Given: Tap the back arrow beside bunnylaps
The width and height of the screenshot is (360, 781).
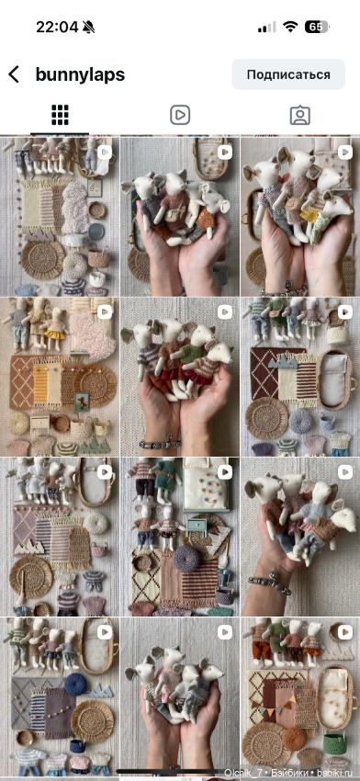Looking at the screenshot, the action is [14, 74].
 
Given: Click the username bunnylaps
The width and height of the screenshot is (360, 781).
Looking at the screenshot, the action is [80, 74].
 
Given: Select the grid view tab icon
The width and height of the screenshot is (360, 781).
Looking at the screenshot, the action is [60, 115].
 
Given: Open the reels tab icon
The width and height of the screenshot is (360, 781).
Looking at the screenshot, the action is [180, 115].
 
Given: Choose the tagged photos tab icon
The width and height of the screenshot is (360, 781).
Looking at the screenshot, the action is [299, 115].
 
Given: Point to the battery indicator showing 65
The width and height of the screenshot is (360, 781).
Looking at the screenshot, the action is [317, 27].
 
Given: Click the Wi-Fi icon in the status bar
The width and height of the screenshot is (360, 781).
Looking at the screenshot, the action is [290, 27].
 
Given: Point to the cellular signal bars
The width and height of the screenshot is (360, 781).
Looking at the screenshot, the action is [267, 28].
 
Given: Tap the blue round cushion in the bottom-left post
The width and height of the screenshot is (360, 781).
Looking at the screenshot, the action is [75, 685].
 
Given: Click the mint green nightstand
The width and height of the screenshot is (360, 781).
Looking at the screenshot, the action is [197, 526].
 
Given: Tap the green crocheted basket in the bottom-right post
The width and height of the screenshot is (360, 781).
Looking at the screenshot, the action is [333, 744].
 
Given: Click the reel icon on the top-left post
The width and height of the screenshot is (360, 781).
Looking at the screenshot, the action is [104, 152].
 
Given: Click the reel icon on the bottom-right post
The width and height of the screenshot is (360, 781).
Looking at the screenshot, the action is [344, 632].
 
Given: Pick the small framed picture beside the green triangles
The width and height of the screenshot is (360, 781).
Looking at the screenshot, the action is [81, 401].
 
